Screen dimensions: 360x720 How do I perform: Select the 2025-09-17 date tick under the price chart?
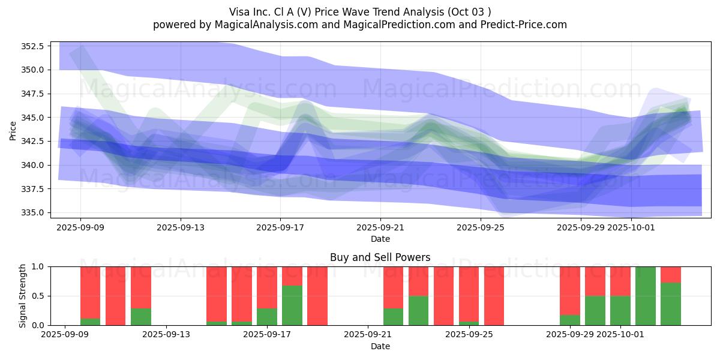pyautogui.click(x=280, y=228)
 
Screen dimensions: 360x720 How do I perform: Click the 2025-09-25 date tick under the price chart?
pyautogui.click(x=481, y=228)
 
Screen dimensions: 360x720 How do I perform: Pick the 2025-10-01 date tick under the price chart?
pyautogui.click(x=631, y=228)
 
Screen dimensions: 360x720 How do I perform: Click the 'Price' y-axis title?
pyautogui.click(x=13, y=130)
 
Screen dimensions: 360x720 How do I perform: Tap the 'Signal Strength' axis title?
pyautogui.click(x=22, y=296)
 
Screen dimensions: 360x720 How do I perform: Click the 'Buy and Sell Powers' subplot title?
pyautogui.click(x=380, y=257)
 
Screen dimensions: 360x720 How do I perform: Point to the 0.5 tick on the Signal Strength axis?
pyautogui.click(x=38, y=296)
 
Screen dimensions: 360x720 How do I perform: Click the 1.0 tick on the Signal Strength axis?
pyautogui.click(x=38, y=266)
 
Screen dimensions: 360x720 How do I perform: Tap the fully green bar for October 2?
pyautogui.click(x=646, y=296)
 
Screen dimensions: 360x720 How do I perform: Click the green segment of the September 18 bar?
pyautogui.click(x=292, y=305)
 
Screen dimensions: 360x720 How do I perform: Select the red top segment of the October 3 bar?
pyautogui.click(x=671, y=274)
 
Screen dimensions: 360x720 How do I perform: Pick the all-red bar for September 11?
pyautogui.click(x=116, y=296)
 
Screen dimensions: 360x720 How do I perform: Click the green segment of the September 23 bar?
pyautogui.click(x=418, y=310)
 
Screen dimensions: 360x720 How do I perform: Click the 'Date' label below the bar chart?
pyautogui.click(x=380, y=346)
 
